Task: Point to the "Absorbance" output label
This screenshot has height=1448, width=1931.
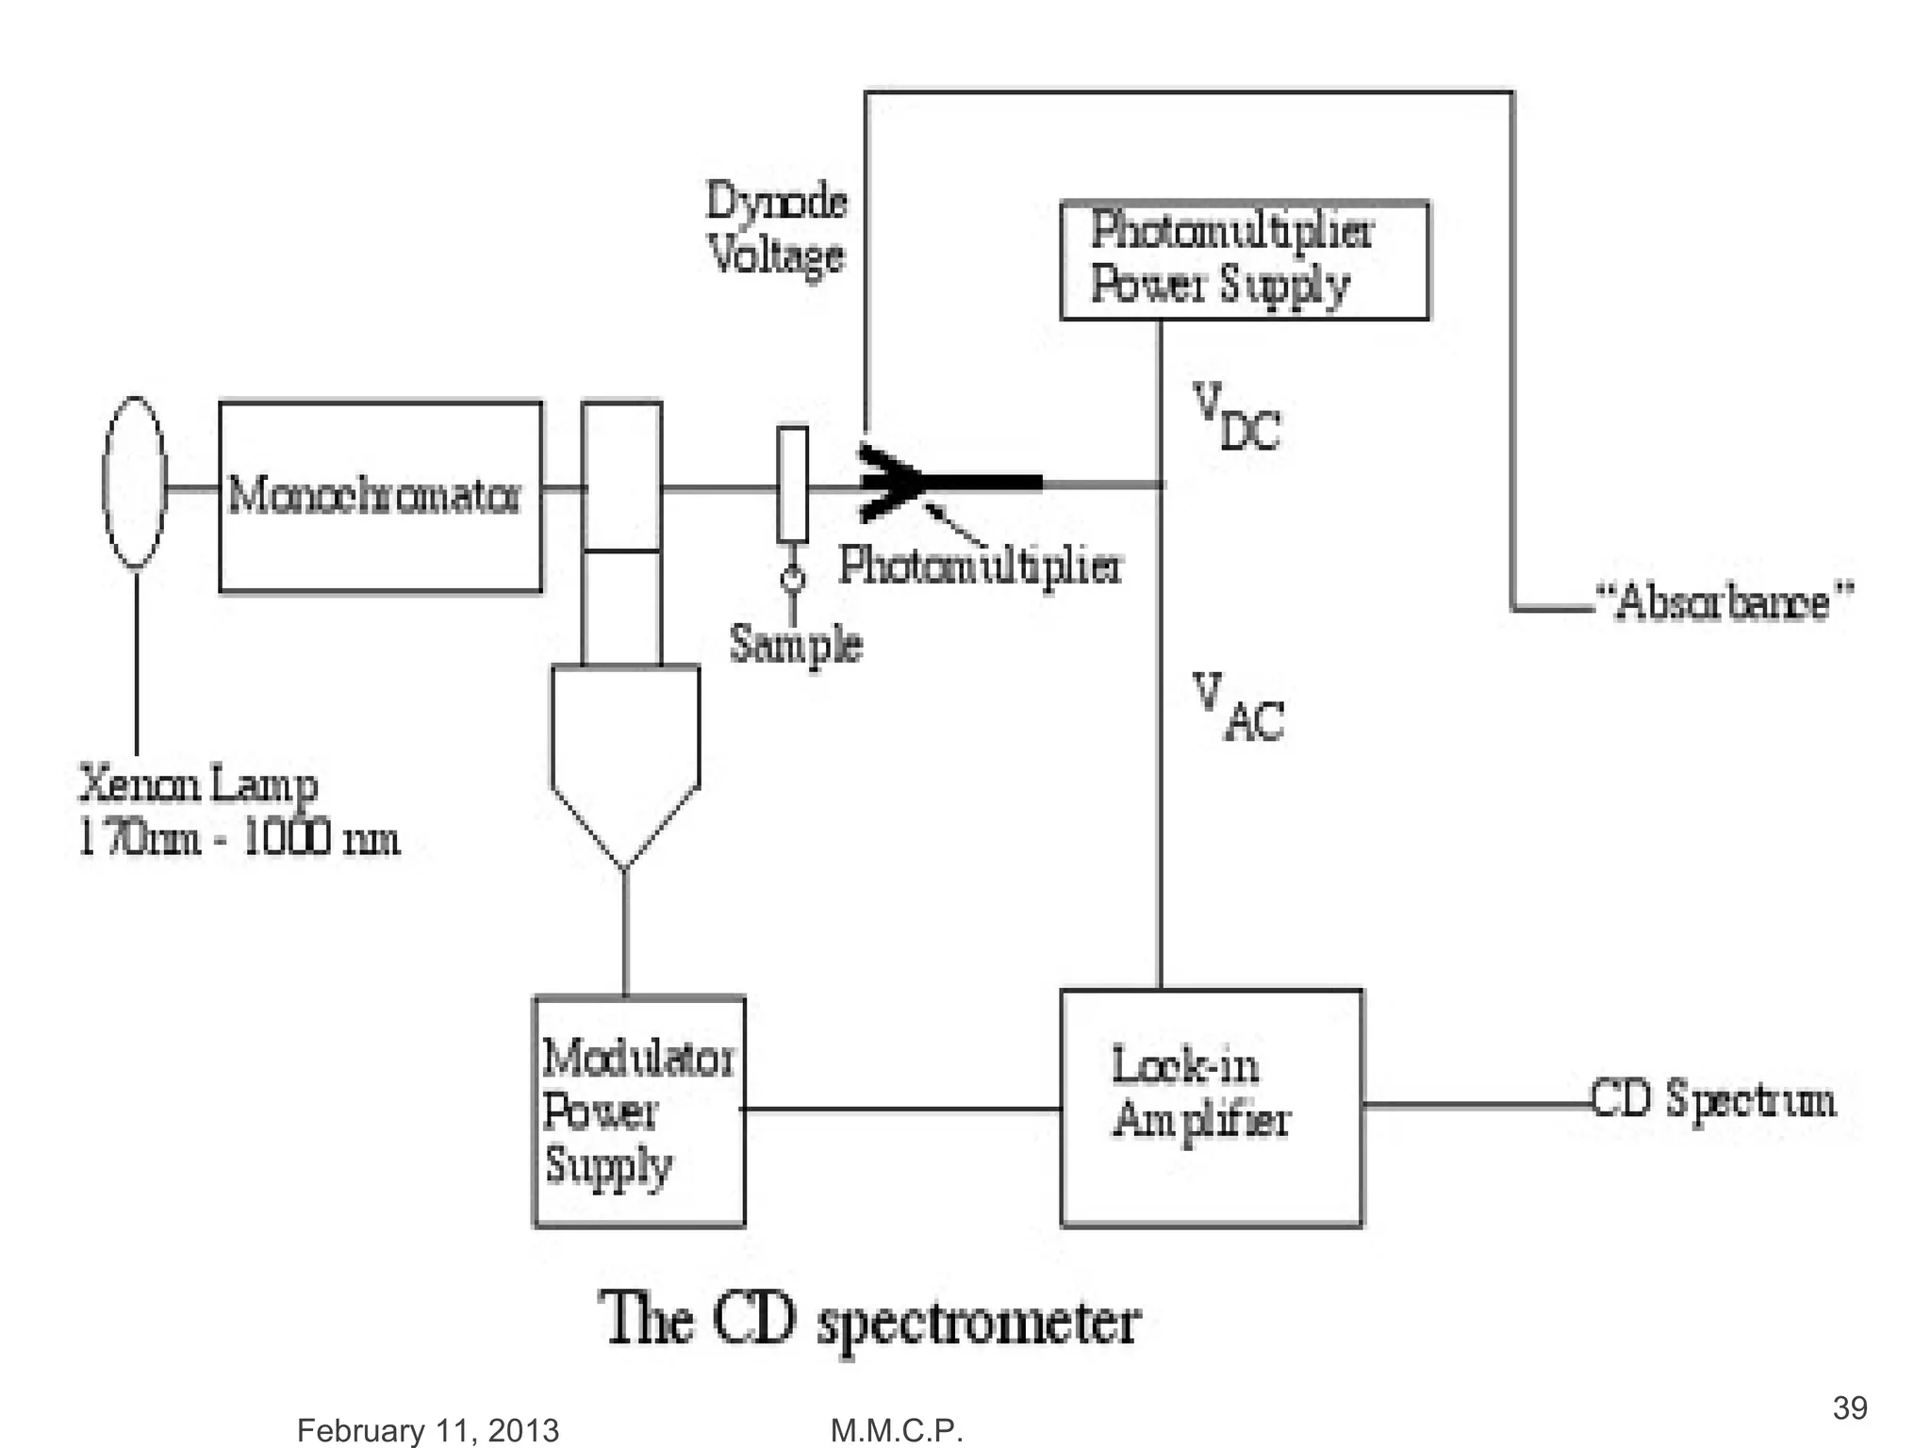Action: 1725,601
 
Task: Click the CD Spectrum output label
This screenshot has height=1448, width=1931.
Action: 1713,1100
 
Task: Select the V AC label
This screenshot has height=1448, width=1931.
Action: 1238,707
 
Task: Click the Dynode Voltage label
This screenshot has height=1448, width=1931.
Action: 777,229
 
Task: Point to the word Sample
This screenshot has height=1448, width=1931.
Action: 796,645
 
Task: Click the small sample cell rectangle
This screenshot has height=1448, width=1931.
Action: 793,485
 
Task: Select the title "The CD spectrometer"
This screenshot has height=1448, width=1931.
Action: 869,1320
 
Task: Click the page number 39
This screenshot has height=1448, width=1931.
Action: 1850,1407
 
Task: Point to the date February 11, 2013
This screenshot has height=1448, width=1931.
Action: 428,1430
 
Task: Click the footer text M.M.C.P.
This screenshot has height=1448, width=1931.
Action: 897,1430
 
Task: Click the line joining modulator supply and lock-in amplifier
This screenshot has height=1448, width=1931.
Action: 902,1109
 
